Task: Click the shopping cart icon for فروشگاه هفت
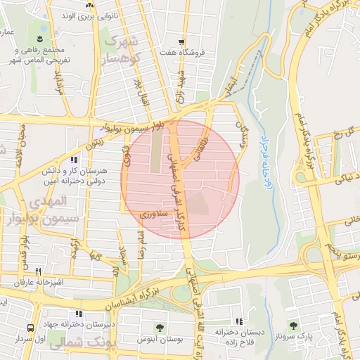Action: (x=181, y=42)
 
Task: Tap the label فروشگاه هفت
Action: (x=181, y=53)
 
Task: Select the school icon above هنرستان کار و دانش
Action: (x=75, y=160)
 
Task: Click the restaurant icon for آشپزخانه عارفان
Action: (x=38, y=271)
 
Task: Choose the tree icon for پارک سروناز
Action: (x=293, y=326)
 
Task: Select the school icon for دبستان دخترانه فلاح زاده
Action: (x=239, y=321)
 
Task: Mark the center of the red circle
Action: (x=181, y=179)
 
